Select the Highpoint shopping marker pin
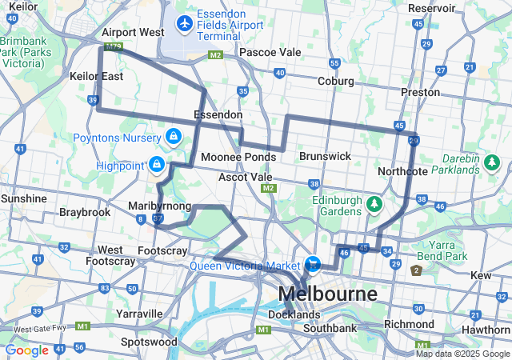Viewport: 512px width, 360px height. click(156, 166)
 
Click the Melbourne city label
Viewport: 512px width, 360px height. click(328, 294)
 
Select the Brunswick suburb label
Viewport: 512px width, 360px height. click(325, 156)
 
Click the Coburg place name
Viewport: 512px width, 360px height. click(336, 81)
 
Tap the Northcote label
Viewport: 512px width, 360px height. click(403, 170)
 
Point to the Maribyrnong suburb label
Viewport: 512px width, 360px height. click(160, 206)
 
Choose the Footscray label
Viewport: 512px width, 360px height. click(162, 250)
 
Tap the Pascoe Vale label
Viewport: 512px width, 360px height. click(270, 52)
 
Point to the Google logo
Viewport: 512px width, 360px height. click(27, 350)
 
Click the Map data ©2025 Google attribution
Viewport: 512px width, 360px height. click(462, 354)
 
